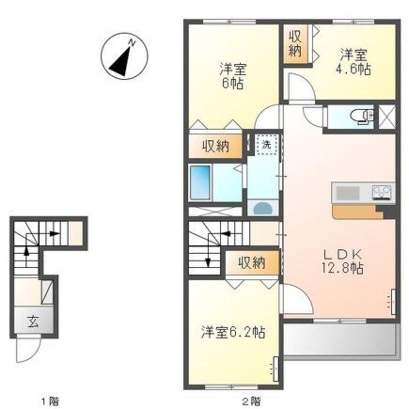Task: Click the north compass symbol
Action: tap(124, 56)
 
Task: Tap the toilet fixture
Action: tap(362, 117)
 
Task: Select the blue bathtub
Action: tap(200, 182)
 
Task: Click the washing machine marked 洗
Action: tap(266, 145)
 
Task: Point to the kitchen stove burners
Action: tap(381, 192)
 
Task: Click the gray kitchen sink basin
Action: tap(348, 193)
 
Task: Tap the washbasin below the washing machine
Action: tap(263, 208)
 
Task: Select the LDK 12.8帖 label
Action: tap(342, 261)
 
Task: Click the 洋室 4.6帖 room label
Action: tap(353, 62)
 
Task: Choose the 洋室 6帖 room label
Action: tap(233, 76)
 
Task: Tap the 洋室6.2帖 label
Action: tap(233, 332)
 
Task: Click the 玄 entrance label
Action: tap(34, 321)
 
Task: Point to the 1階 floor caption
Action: tap(50, 401)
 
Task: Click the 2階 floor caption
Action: tap(251, 401)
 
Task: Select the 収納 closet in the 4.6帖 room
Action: tap(295, 44)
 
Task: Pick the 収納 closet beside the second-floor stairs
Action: tap(252, 263)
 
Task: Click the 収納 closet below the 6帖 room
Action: tap(216, 146)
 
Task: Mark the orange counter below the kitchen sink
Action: tap(357, 212)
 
